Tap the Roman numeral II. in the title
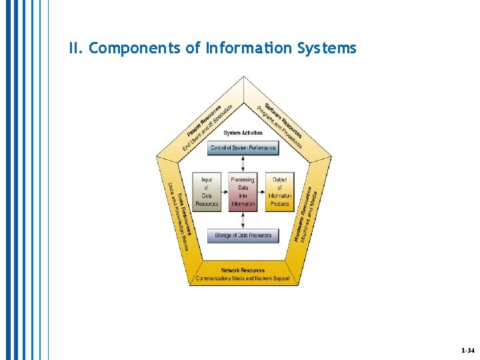(75, 49)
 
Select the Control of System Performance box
(243, 148)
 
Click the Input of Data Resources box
(207, 192)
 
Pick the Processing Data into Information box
(243, 192)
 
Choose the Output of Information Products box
(279, 192)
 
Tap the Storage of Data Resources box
(243, 235)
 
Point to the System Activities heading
(243, 133)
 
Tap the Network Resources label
(243, 271)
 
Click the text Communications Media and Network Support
(243, 278)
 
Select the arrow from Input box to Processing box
(225, 192)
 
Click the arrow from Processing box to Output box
(261, 192)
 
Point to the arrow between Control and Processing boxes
(243, 164)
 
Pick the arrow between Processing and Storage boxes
(243, 220)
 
